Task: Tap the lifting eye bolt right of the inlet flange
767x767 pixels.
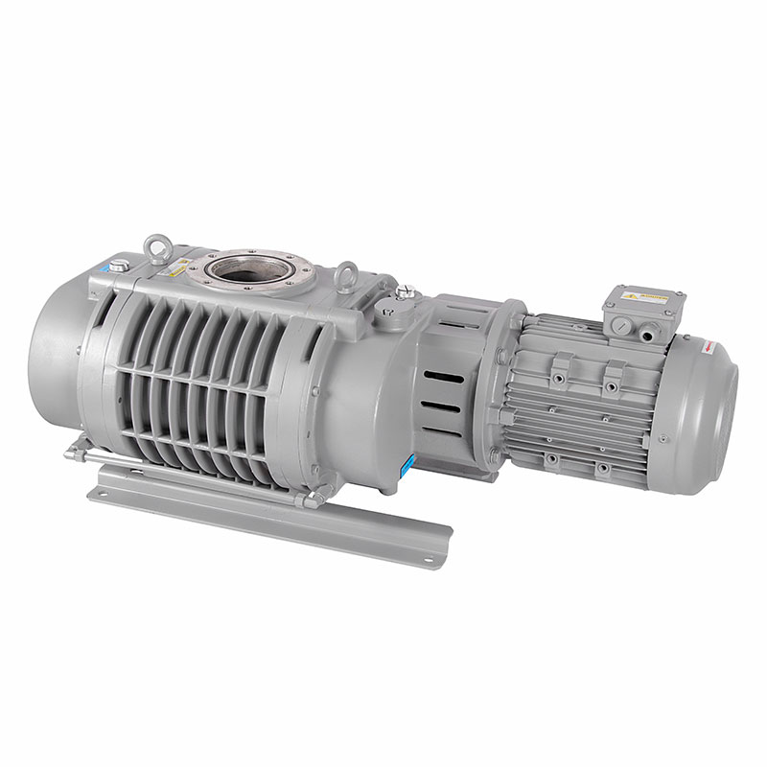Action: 346,276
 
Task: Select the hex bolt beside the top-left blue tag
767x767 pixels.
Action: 116,266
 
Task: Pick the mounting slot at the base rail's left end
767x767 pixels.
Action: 103,492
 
